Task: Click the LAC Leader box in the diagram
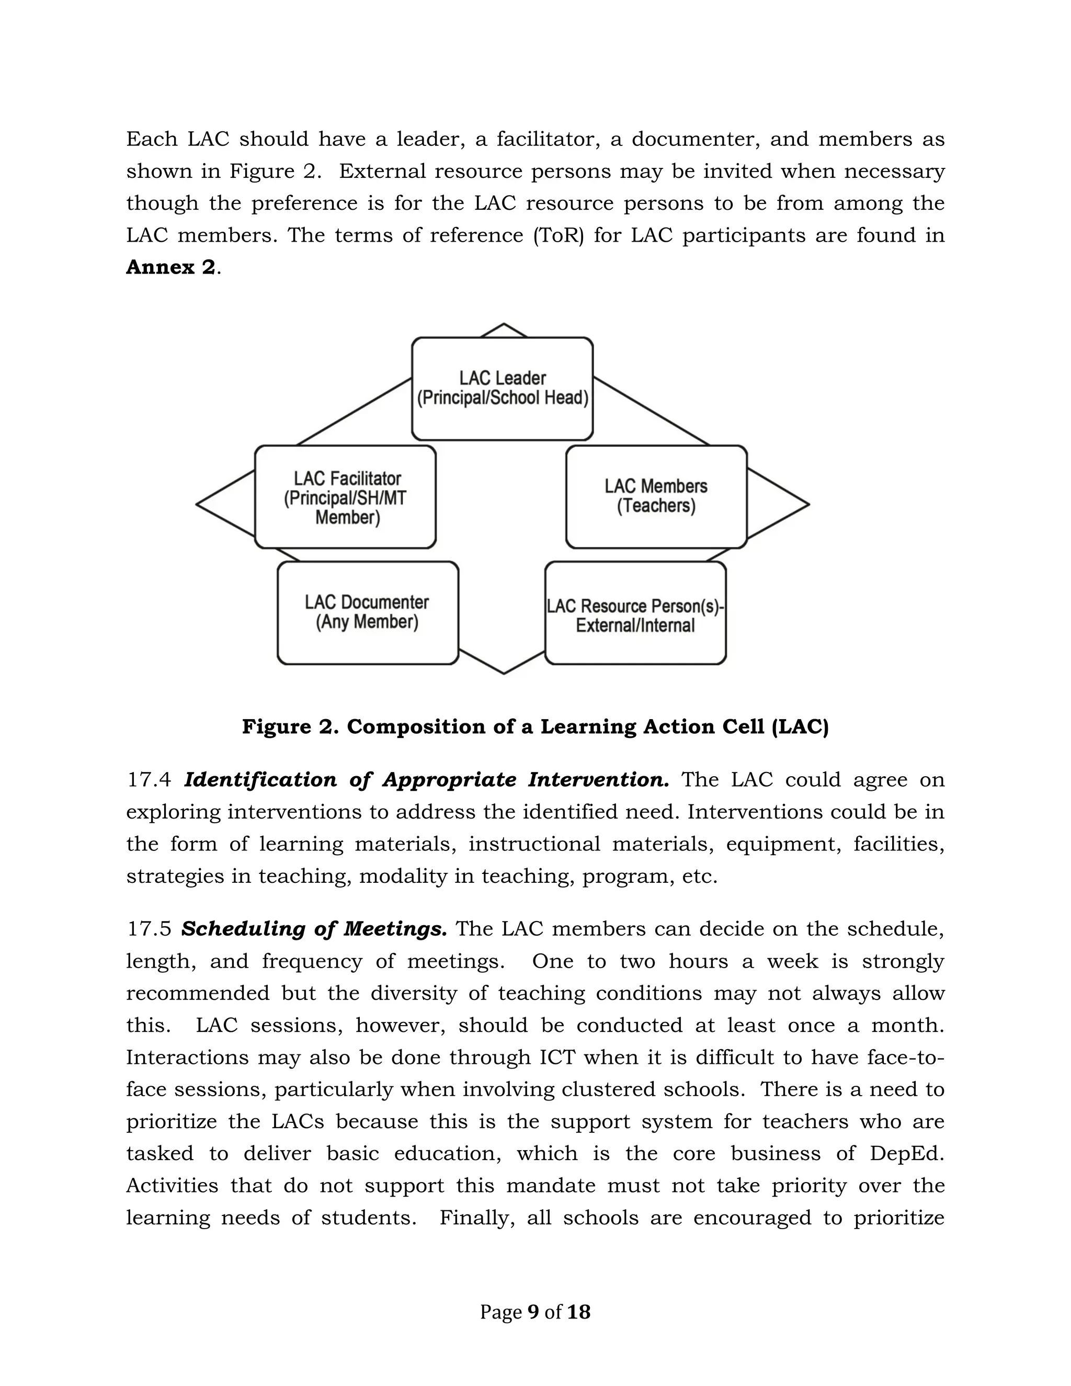pos(502,389)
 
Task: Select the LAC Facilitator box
pos(346,497)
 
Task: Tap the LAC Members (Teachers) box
pos(656,496)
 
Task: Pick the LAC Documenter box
pos(367,612)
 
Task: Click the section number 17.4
pos(149,780)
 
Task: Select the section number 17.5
pos(149,929)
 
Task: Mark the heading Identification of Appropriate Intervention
pos(426,780)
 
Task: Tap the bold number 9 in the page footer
pos(533,1312)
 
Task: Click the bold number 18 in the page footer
pos(578,1312)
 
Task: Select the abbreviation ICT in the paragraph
pos(557,1057)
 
